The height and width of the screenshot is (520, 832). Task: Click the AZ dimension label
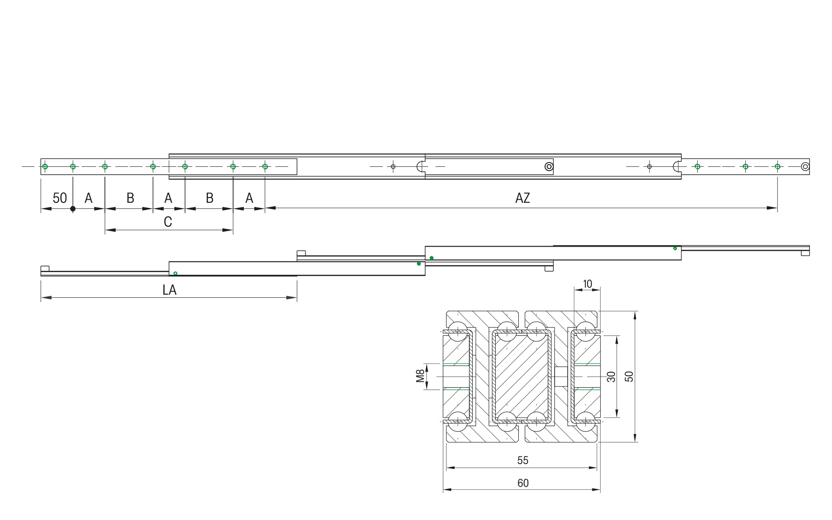point(522,198)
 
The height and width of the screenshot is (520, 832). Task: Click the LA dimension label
point(169,290)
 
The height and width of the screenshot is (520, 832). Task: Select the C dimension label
point(168,222)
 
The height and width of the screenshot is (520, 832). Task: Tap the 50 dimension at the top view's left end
point(59,198)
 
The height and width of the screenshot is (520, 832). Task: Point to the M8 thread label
point(420,376)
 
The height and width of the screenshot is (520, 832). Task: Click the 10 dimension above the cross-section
point(587,284)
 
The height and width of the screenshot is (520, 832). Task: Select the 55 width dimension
point(523,460)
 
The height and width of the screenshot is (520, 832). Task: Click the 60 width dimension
point(523,483)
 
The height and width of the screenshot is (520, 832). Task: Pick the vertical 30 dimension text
point(611,377)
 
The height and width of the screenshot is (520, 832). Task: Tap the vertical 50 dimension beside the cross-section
point(629,377)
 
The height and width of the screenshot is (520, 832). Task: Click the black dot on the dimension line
point(73,209)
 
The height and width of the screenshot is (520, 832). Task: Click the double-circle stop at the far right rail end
point(805,166)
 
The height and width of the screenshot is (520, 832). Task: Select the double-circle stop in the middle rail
point(549,166)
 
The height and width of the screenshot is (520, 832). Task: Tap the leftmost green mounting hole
point(45,166)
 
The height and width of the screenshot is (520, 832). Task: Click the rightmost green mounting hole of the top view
point(777,166)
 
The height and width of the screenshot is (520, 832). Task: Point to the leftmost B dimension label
point(130,198)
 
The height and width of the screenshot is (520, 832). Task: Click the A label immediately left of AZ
point(249,198)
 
